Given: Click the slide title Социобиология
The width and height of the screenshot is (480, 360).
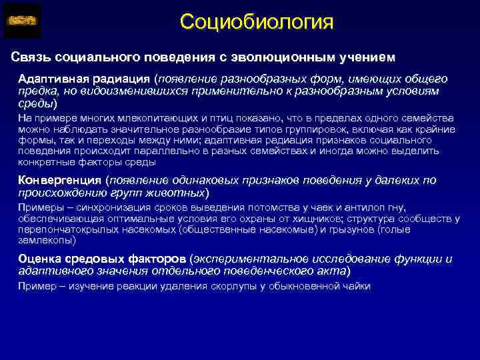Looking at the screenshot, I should point(256,22).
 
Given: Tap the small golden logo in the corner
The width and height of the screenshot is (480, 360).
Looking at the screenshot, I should point(22,21).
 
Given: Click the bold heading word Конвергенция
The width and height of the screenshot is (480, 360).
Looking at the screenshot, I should point(59,180).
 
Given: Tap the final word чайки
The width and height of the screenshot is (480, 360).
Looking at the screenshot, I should point(355,286).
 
